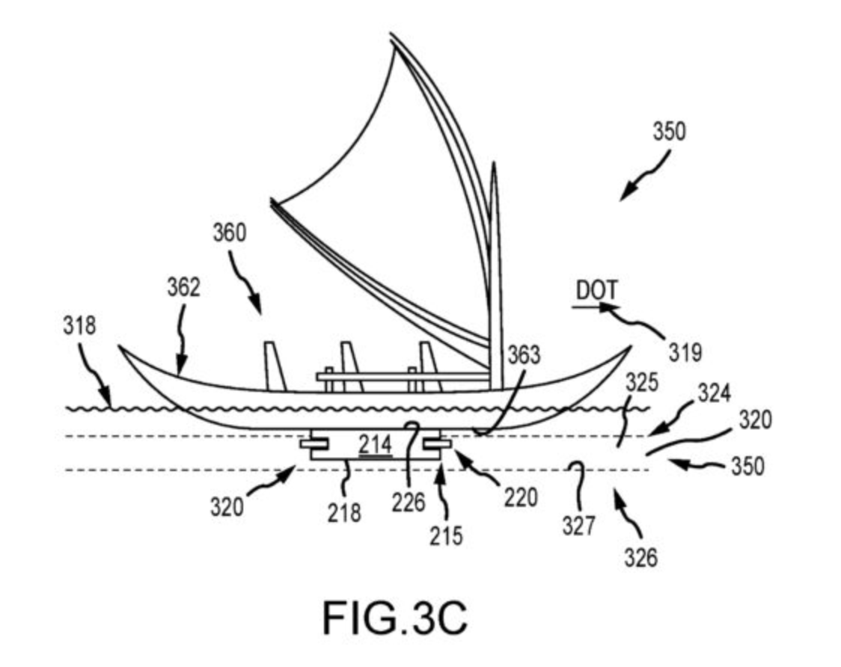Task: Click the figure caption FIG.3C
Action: pos(395,618)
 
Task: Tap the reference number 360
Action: pos(229,234)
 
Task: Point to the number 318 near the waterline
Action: pos(79,327)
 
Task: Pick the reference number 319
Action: pos(685,351)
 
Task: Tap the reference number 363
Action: pos(524,356)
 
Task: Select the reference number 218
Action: pos(344,512)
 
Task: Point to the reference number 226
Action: pos(409,502)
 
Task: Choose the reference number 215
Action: pos(447,535)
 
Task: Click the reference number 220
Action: pos(521,496)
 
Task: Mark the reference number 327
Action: pos(578,526)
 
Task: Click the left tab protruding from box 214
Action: pos(311,444)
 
